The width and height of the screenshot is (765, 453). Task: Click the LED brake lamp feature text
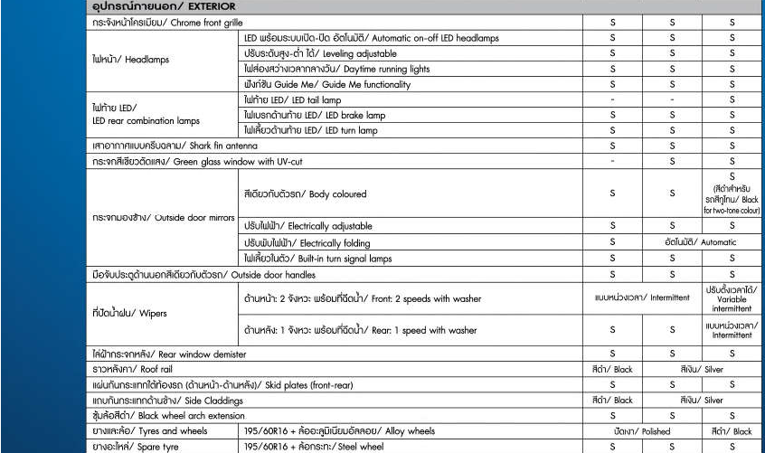[x=315, y=115]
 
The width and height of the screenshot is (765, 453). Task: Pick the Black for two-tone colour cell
[x=732, y=193]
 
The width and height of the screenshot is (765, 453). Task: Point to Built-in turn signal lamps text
[x=317, y=259]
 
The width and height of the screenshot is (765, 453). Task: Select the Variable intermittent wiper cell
[x=732, y=298]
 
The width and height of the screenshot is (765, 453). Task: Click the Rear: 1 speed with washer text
[x=360, y=330]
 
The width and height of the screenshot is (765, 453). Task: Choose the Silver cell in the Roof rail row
[x=702, y=369]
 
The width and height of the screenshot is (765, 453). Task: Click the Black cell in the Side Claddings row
[x=612, y=400]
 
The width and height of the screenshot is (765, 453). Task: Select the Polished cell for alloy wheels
[x=642, y=431]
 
